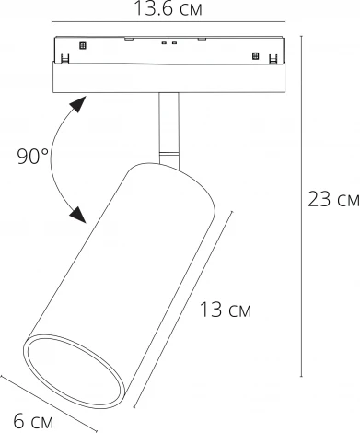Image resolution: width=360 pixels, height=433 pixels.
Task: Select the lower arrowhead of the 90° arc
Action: (81, 218)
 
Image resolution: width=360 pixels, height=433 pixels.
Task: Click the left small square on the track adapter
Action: (82, 43)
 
